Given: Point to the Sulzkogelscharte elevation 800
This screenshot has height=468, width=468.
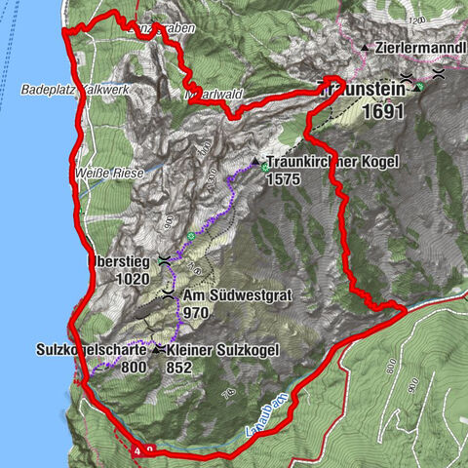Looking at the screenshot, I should pyautogui.click(x=134, y=368).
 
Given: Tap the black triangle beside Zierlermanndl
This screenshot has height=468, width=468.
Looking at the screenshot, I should pyautogui.click(x=365, y=47).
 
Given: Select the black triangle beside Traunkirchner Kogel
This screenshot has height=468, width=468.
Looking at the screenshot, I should pyautogui.click(x=255, y=162).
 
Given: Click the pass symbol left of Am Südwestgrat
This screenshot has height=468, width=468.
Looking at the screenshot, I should pyautogui.click(x=169, y=293).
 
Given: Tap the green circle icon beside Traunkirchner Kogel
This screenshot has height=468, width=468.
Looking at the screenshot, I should pyautogui.click(x=265, y=168).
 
